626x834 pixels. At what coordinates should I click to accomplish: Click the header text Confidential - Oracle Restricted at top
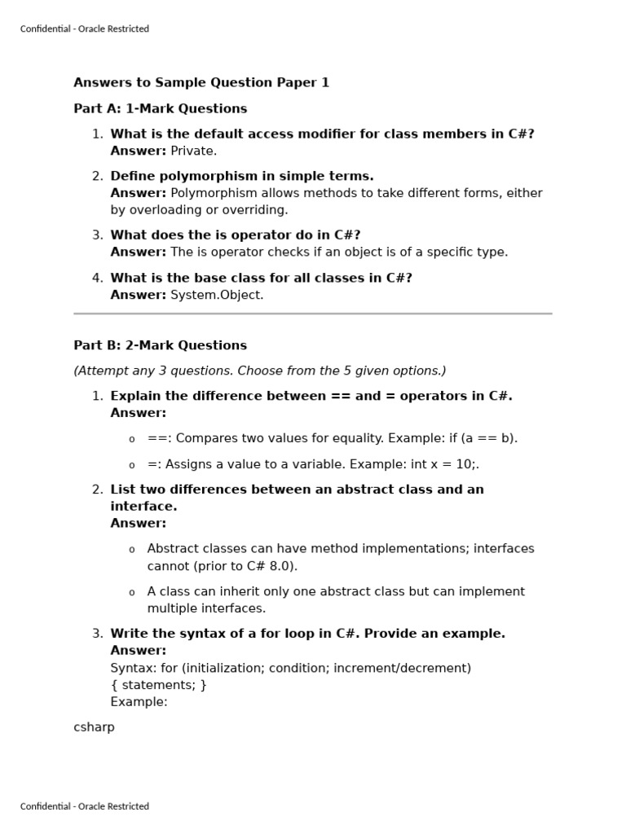coord(84,29)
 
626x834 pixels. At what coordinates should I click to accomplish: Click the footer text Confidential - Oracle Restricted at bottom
coord(84,806)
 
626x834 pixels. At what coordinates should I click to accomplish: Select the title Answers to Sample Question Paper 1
coord(201,82)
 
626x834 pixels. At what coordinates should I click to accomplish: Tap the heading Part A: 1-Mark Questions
coord(160,108)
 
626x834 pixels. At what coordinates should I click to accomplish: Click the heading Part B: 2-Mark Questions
coord(160,345)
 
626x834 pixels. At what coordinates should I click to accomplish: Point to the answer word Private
coord(193,151)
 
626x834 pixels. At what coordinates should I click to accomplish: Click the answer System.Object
coord(217,295)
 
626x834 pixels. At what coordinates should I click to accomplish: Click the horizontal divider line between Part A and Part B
coord(312,313)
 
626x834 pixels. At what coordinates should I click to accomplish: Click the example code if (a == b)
coord(483,438)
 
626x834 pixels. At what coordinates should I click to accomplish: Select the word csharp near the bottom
coord(94,727)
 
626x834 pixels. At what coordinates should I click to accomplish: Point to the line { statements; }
coord(158,685)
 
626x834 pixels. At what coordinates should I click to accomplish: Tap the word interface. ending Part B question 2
coord(143,507)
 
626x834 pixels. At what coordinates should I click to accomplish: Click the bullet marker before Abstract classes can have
coord(131,550)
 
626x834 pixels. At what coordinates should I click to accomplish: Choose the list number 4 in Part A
coord(97,278)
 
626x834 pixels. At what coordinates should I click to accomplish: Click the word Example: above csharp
coord(139,702)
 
